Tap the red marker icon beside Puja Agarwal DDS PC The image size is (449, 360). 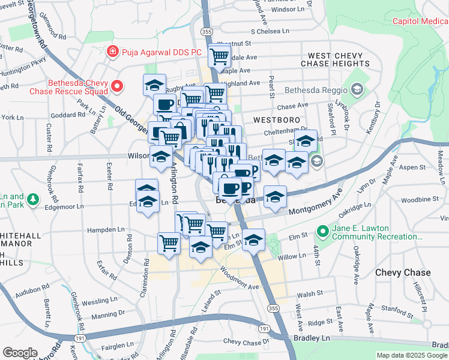(112, 52)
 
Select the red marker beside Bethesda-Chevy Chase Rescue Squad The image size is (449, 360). (116, 86)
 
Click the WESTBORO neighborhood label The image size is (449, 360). (276, 120)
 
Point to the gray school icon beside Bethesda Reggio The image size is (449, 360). (357, 90)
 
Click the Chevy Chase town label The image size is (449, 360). (403, 272)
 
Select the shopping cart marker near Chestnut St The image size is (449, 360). (220, 56)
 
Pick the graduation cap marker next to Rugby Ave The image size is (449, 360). (154, 84)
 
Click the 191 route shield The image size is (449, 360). (264, 329)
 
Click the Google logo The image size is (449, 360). (20, 353)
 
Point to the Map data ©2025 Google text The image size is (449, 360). (412, 355)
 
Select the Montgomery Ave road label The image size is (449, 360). (315, 204)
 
